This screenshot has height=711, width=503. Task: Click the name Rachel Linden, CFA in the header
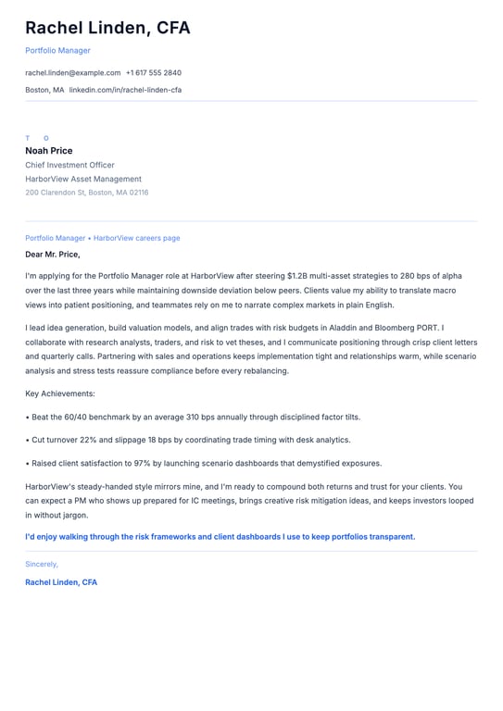(107, 28)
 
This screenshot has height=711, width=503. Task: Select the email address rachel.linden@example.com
(72, 72)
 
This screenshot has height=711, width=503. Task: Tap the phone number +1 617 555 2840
(154, 72)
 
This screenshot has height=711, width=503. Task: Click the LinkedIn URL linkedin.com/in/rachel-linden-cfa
(125, 90)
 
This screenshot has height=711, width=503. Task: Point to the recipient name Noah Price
(48, 151)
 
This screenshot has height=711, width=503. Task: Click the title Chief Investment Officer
(69, 165)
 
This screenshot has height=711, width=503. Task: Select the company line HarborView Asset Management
(83, 179)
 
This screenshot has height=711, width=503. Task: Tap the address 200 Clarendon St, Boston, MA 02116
(86, 193)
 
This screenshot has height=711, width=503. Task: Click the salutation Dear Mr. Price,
(53, 254)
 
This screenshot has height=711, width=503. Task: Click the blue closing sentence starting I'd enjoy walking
(220, 536)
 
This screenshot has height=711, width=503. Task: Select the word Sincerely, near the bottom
(42, 564)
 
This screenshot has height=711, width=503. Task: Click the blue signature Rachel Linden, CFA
(61, 582)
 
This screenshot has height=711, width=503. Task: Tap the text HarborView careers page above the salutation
(137, 238)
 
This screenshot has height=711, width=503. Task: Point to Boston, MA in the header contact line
(44, 90)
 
